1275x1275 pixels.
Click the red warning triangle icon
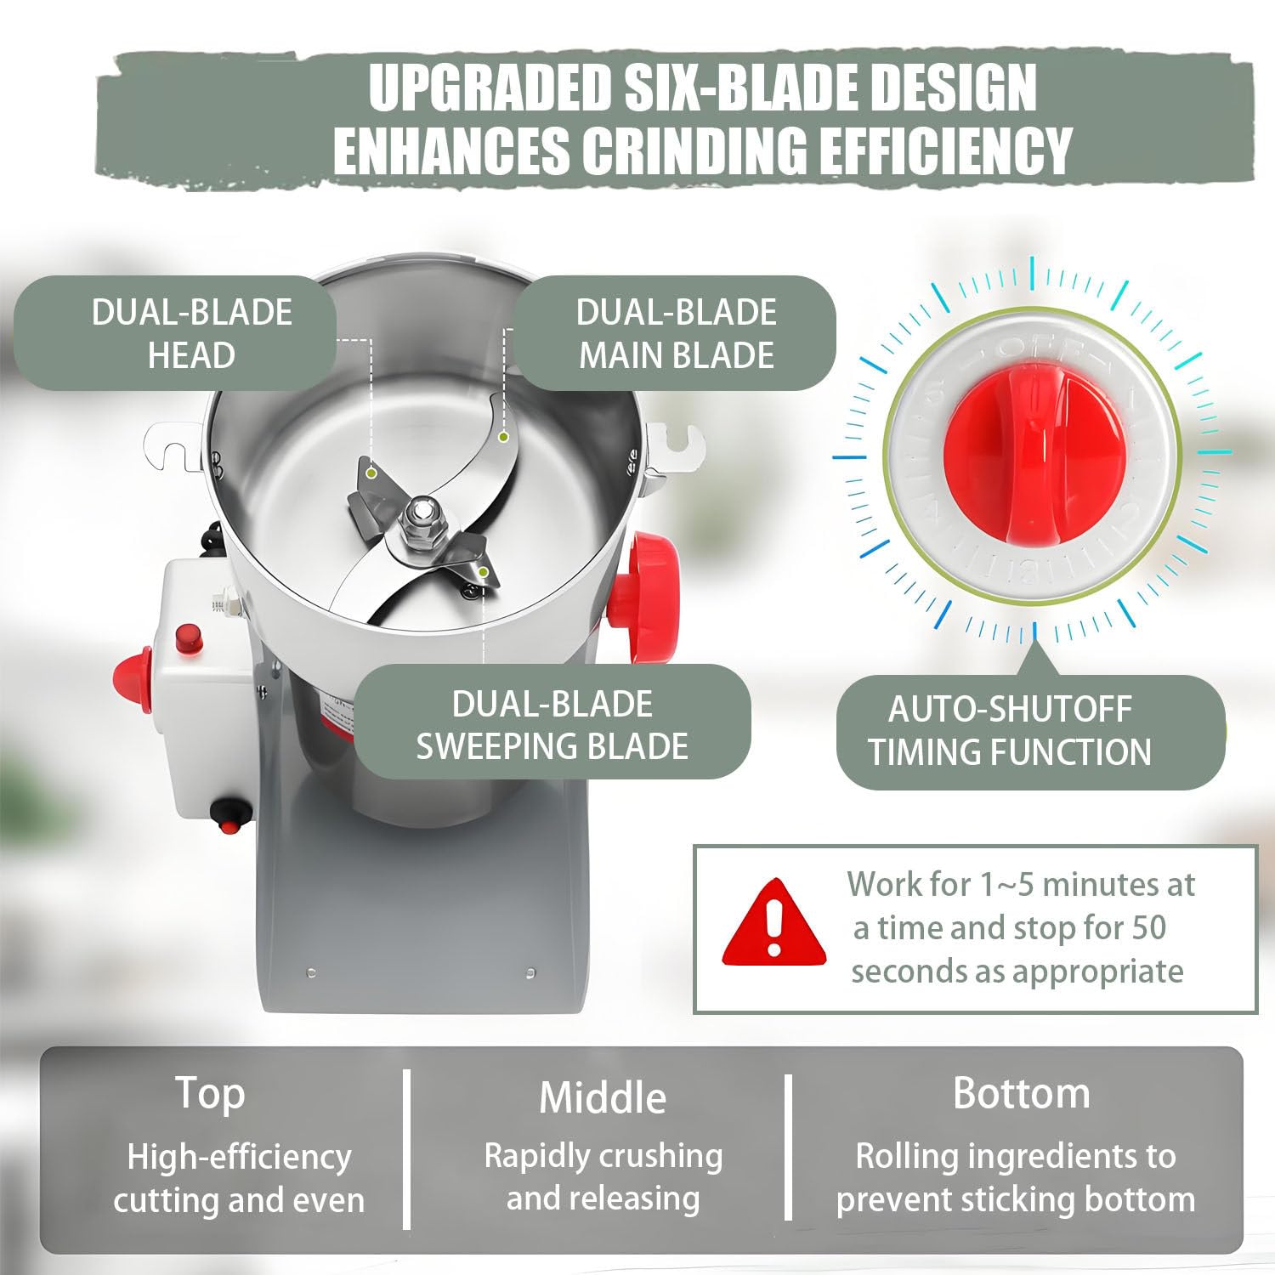coord(773,925)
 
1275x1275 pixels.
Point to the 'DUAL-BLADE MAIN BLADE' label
coord(675,333)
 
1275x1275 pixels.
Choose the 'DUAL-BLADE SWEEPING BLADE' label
coord(552,724)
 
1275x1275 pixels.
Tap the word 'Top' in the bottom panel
coord(210,1093)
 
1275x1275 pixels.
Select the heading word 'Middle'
coord(603,1096)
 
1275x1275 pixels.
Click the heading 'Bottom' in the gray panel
coord(1021,1093)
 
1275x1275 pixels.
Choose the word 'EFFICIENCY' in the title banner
coord(958,150)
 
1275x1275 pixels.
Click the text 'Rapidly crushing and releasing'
coord(603,1177)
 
